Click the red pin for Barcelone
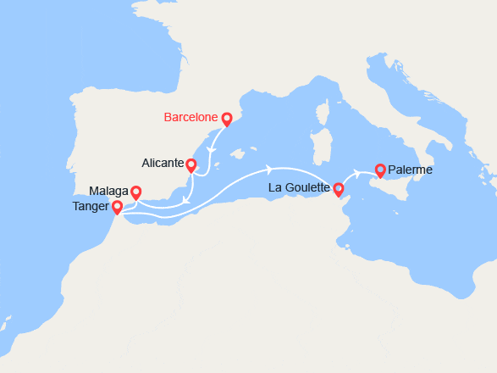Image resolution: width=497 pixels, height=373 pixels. (x=226, y=120)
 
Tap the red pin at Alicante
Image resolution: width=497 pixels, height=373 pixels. (x=191, y=165)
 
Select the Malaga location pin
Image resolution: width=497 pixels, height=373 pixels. (x=135, y=193)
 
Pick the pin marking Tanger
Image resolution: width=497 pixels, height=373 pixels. (x=117, y=206)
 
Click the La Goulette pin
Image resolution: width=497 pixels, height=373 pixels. (x=339, y=189)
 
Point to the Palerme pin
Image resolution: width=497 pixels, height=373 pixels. (x=380, y=170)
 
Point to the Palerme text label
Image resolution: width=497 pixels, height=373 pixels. (x=411, y=170)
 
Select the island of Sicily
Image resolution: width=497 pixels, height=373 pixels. (x=394, y=190)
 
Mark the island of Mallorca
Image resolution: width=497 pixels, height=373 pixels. (x=239, y=155)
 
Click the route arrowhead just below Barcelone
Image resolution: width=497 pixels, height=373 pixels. (x=210, y=149)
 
